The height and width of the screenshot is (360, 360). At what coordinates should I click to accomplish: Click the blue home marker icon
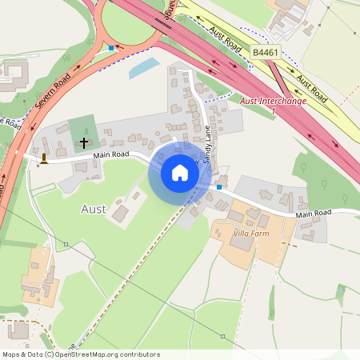coord(179,173)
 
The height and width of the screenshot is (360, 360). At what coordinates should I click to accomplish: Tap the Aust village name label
coord(94,209)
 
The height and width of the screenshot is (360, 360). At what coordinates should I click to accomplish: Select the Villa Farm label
coord(249,233)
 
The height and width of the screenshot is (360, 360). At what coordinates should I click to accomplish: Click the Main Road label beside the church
coord(111,155)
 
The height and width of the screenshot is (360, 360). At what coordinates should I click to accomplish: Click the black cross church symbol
coord(83,143)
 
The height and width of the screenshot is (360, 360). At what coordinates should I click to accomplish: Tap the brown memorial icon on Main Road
coord(43,158)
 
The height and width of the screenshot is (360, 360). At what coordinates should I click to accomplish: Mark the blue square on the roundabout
coord(110,48)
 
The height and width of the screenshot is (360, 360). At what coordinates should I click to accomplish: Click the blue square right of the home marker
coord(219,187)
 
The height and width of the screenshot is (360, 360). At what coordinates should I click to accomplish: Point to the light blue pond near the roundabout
coord(144,68)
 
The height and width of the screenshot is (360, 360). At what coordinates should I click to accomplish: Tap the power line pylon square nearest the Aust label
coord(66,242)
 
